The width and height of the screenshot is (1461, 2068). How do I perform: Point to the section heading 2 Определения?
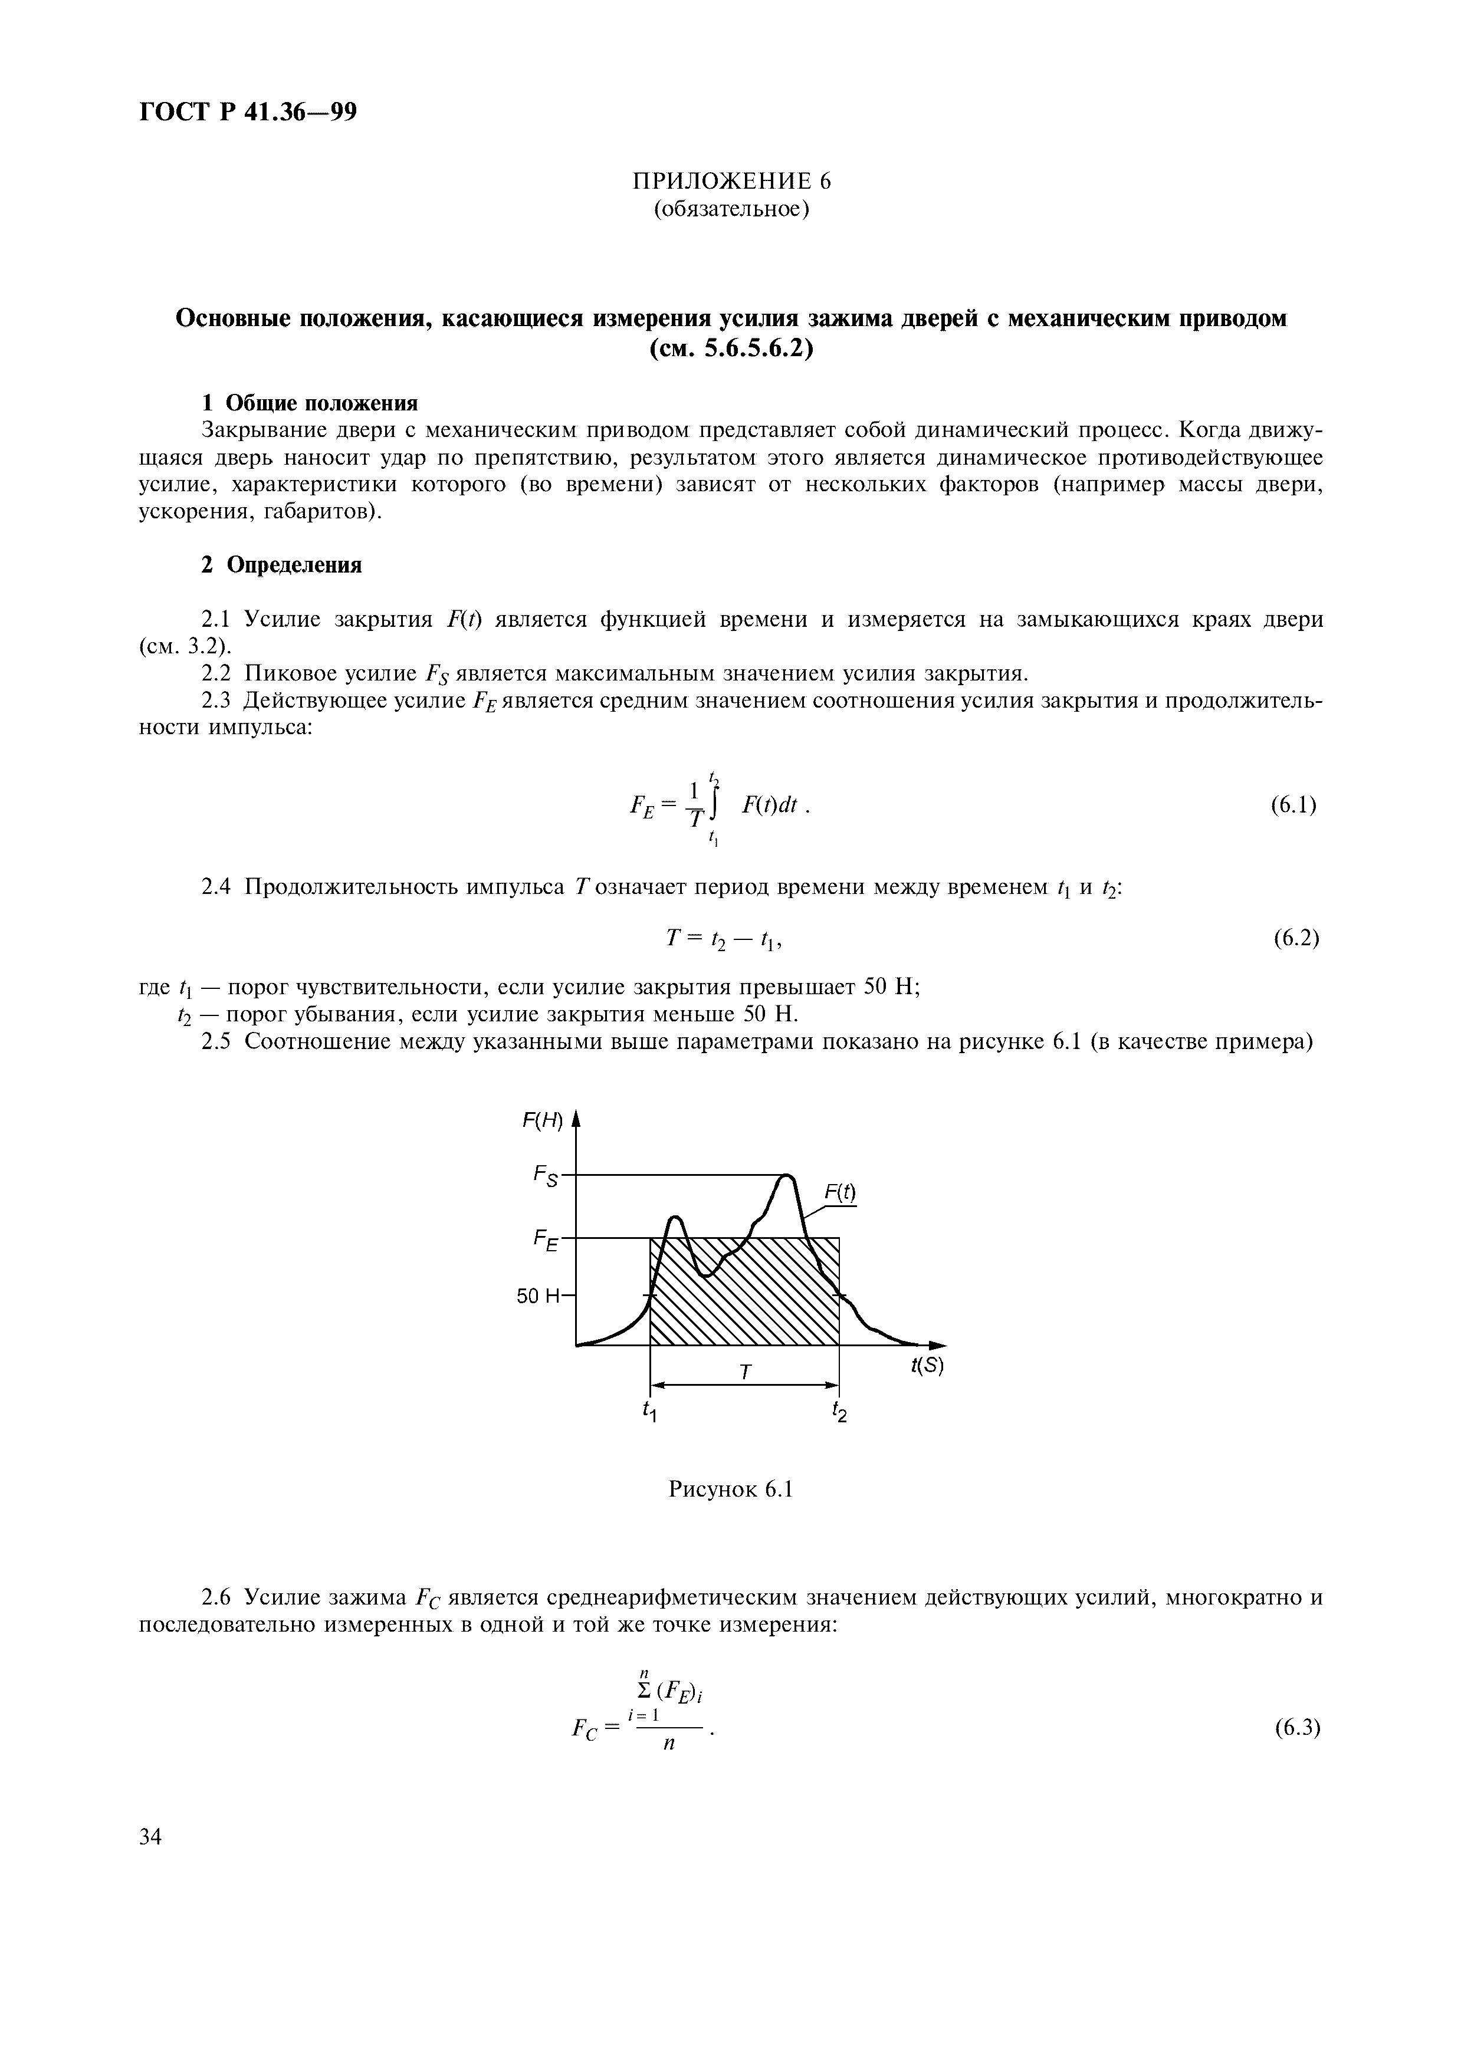[281, 565]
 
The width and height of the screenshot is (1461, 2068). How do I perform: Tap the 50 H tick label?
[539, 1296]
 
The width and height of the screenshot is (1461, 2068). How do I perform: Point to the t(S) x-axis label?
[927, 1366]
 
